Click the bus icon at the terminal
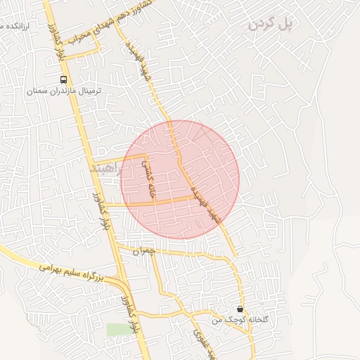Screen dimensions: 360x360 [64, 79]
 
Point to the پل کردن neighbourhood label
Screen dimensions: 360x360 [270, 25]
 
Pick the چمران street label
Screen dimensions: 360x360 [143, 250]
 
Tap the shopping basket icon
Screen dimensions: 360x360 [240, 309]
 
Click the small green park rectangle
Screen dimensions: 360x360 [118, 329]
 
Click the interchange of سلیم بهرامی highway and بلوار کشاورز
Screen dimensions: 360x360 [124, 284]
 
